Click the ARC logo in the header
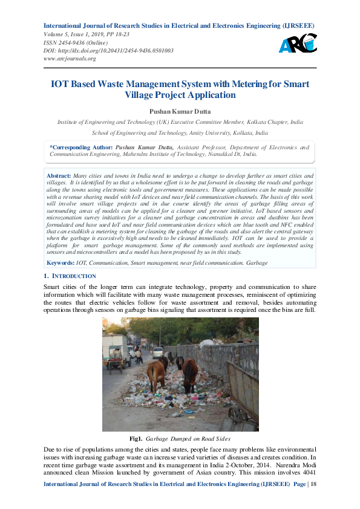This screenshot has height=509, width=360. pos(298,42)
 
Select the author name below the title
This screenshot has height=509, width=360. pos(180,111)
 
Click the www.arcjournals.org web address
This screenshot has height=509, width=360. pos(70,59)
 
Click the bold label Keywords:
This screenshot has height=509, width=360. pos(61,263)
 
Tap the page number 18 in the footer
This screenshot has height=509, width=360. pos(312,502)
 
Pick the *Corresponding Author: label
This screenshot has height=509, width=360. pos(81,147)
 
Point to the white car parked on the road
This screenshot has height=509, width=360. pos(157,352)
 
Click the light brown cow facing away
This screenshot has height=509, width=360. pos(157,374)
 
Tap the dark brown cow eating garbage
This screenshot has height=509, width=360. pos(189,373)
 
